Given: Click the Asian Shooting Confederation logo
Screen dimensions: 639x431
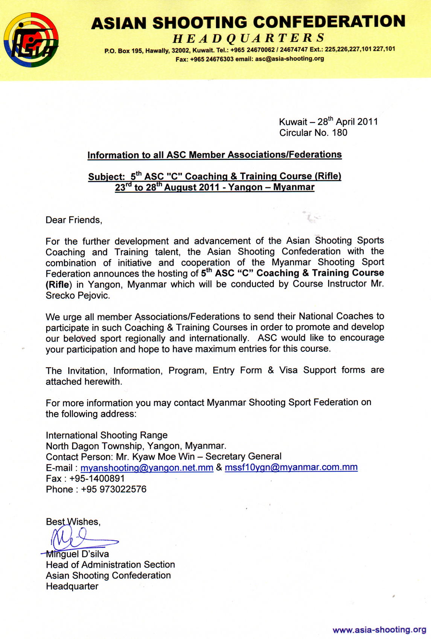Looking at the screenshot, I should [31, 40].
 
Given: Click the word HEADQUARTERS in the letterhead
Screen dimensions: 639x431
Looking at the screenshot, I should [248, 38].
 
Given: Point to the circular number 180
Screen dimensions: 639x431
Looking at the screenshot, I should [340, 133].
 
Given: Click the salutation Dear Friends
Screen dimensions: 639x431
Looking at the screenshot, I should [74, 220].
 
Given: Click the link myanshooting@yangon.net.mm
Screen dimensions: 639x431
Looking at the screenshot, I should [147, 468].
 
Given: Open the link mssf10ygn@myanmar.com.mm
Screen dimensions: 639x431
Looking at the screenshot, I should [291, 467].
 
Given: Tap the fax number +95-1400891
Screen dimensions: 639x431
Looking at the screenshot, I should [97, 478].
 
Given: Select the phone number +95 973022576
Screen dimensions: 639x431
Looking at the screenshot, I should [113, 489].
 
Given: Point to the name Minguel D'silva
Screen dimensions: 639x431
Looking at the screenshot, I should [78, 554].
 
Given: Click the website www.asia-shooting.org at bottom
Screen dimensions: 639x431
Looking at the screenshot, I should [379, 630].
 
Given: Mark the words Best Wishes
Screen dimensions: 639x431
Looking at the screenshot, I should [73, 522].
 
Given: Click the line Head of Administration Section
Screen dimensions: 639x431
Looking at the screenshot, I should [110, 565].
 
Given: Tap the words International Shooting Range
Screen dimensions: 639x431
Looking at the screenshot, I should [107, 435].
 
